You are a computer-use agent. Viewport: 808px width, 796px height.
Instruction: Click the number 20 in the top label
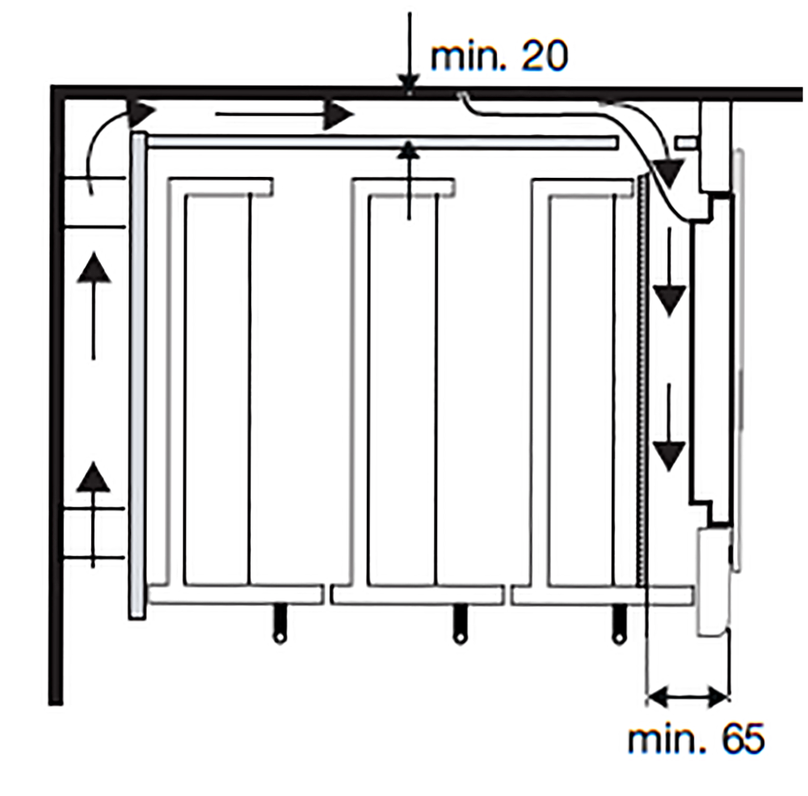pyautogui.click(x=545, y=57)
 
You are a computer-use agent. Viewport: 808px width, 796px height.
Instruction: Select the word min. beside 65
pyautogui.click(x=669, y=739)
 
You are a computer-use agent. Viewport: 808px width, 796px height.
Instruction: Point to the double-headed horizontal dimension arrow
pyautogui.click(x=688, y=698)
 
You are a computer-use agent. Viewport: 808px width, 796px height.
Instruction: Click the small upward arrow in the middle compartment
pyautogui.click(x=409, y=180)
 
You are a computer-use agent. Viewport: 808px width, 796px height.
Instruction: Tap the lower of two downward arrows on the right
pyautogui.click(x=669, y=427)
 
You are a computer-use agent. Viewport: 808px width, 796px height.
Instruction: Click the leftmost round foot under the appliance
pyautogui.click(x=279, y=625)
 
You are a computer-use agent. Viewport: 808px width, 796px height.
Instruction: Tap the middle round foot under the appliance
pyautogui.click(x=459, y=625)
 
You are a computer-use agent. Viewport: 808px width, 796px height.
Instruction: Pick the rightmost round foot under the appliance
pyautogui.click(x=618, y=625)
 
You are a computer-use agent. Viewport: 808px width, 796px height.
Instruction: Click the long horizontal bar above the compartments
pyautogui.click(x=382, y=143)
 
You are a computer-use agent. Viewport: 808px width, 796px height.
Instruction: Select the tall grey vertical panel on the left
pyautogui.click(x=137, y=376)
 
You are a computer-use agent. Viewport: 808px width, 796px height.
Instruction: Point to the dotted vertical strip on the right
pyautogui.click(x=642, y=381)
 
